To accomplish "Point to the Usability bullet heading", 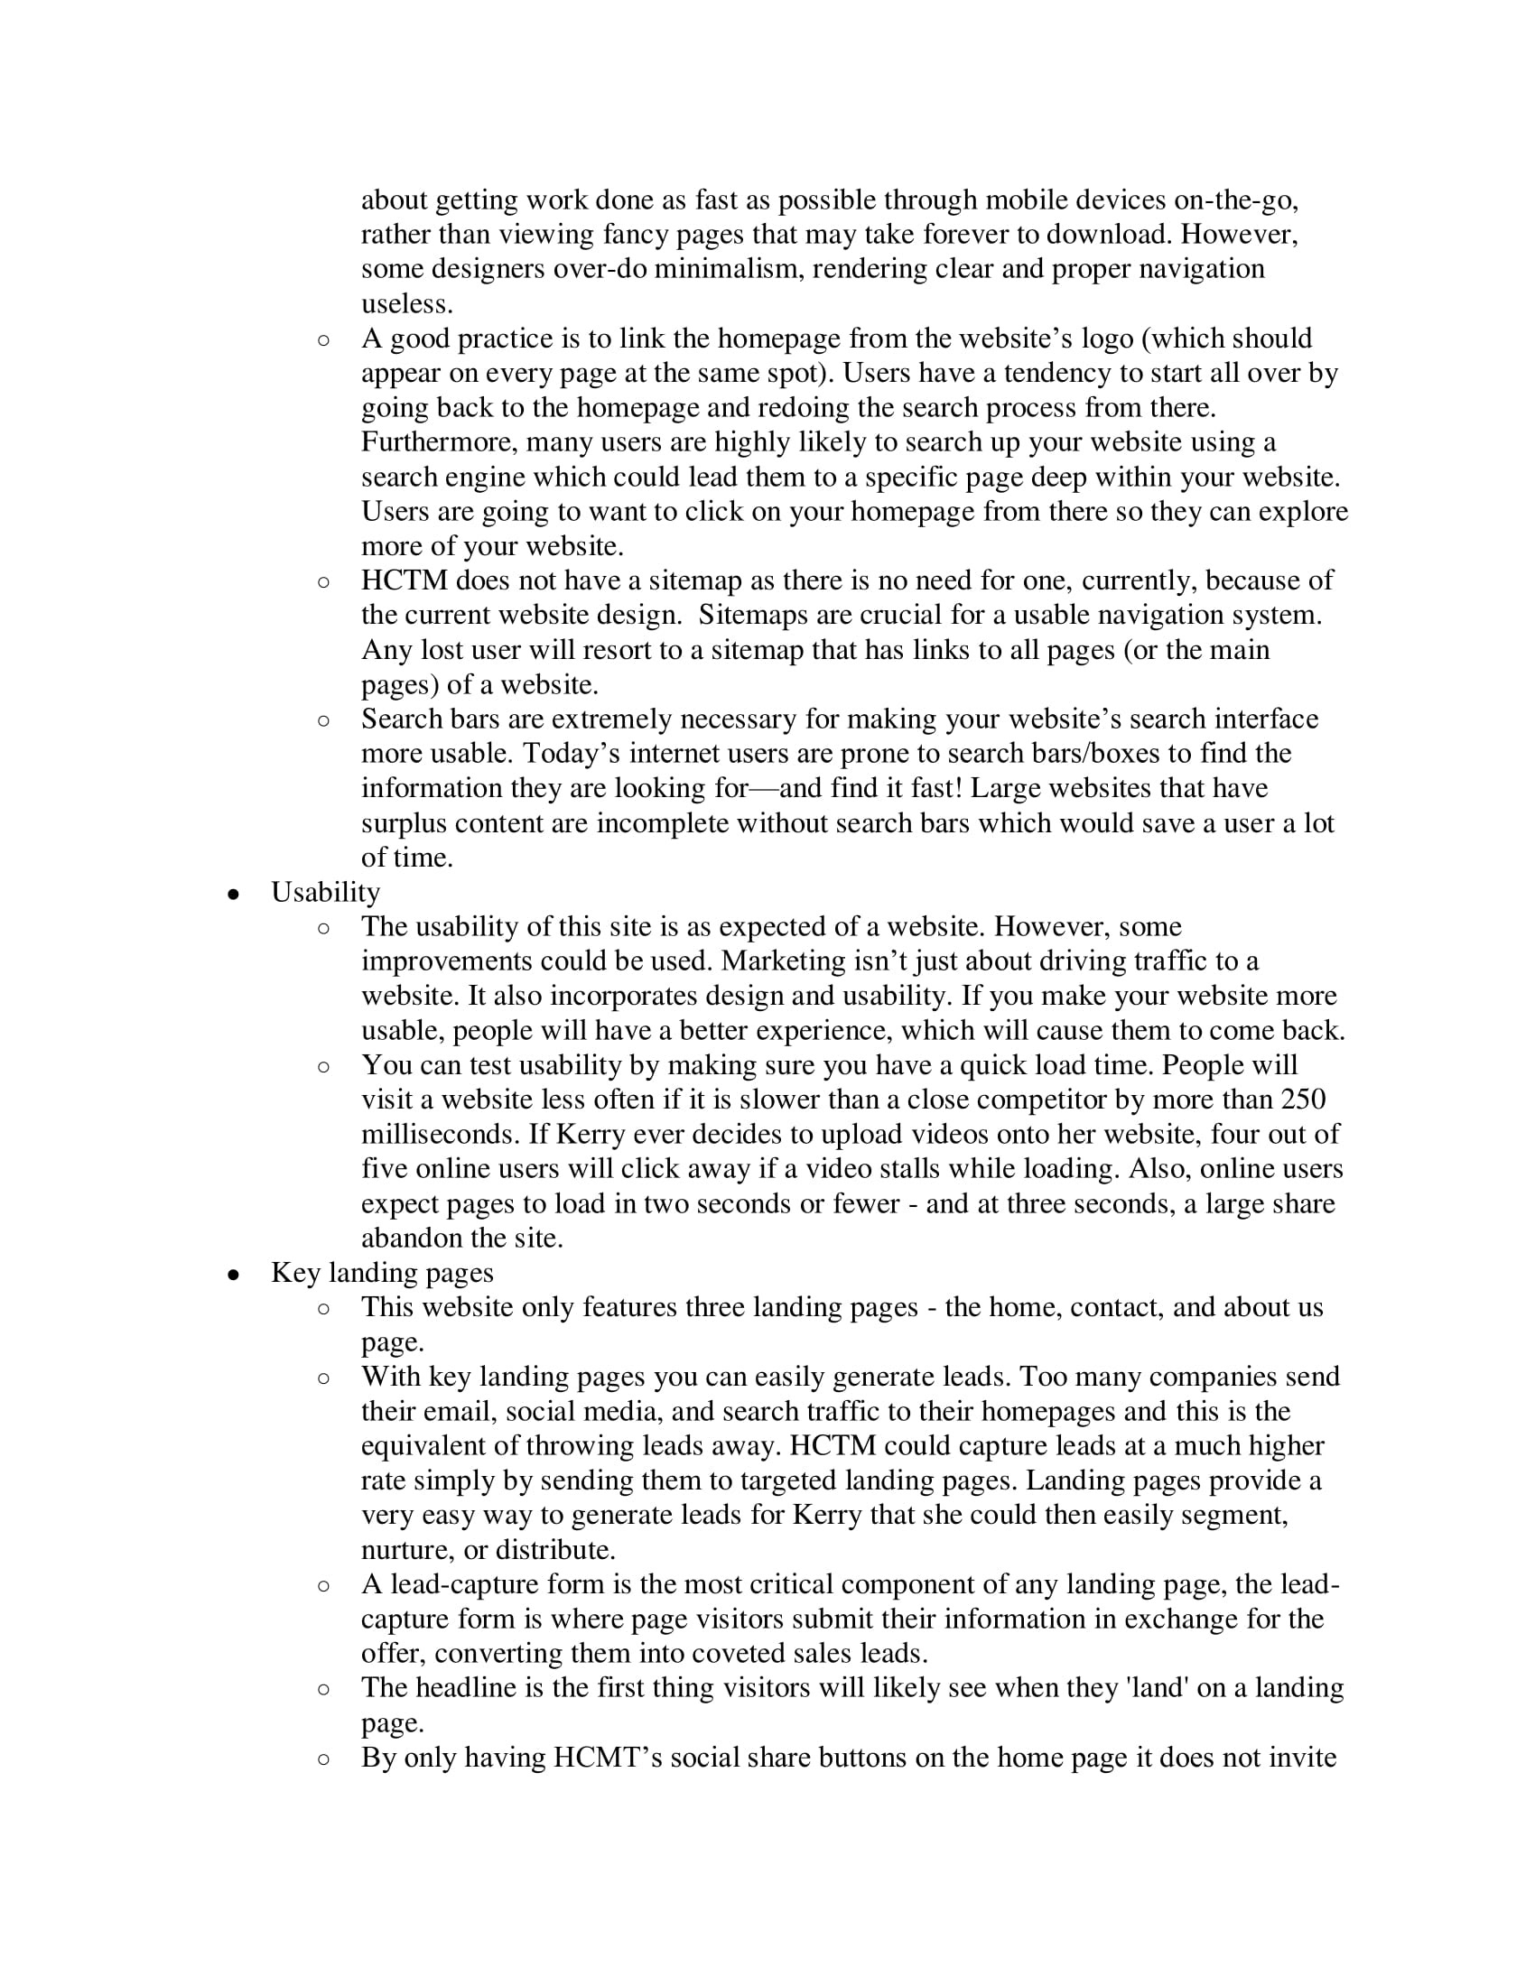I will [x=325, y=892].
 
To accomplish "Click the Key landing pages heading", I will [x=382, y=1272].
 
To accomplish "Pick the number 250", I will [x=1302, y=1100].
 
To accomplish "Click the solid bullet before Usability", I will [x=234, y=894].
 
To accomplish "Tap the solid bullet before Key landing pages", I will [x=234, y=1274].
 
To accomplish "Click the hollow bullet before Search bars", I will [x=324, y=720].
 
